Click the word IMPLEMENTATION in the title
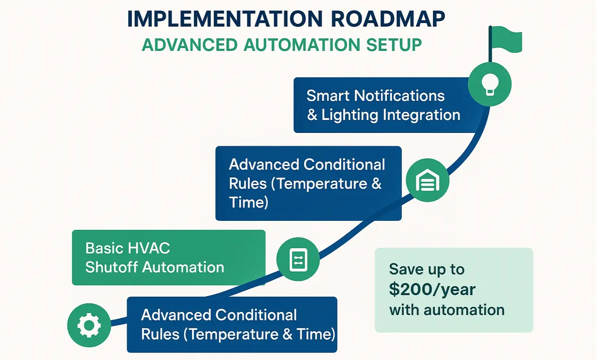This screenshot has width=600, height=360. pyautogui.click(x=225, y=19)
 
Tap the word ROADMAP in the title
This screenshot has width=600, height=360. pyautogui.click(x=388, y=19)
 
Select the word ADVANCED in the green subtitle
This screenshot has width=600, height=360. pyautogui.click(x=189, y=45)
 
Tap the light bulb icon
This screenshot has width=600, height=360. pyautogui.click(x=489, y=84)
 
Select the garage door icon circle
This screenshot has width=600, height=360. pyautogui.click(x=427, y=180)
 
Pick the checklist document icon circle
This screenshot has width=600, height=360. pyautogui.click(x=298, y=259)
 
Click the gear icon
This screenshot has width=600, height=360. pyautogui.click(x=89, y=325)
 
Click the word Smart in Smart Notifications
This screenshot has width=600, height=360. pyautogui.click(x=328, y=96)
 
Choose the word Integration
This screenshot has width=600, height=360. pyautogui.click(x=421, y=115)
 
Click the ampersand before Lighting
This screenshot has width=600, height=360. pyautogui.click(x=312, y=115)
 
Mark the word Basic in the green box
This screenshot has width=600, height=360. pyautogui.click(x=99, y=248)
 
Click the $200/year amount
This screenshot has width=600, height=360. pyautogui.click(x=432, y=290)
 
